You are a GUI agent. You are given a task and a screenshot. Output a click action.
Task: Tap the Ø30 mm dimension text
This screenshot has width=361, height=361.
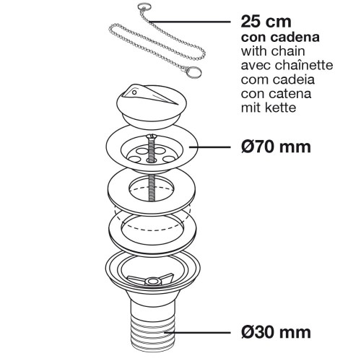[278, 333]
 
